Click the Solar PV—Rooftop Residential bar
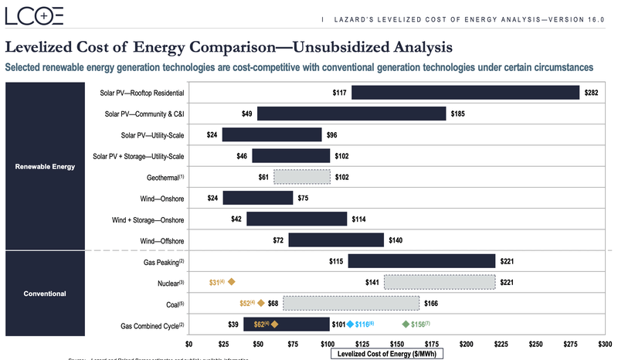coord(465,93)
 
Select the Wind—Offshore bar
coord(336,240)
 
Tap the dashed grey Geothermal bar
coord(301,177)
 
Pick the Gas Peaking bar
coord(421,261)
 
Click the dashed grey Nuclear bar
coord(439,282)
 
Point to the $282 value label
coord(592,93)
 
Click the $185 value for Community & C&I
coord(458,114)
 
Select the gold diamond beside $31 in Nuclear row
coord(231,283)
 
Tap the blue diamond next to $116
coord(350,324)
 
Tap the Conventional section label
coord(45,294)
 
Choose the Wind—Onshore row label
coord(157,199)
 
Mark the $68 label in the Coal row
coord(273,304)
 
